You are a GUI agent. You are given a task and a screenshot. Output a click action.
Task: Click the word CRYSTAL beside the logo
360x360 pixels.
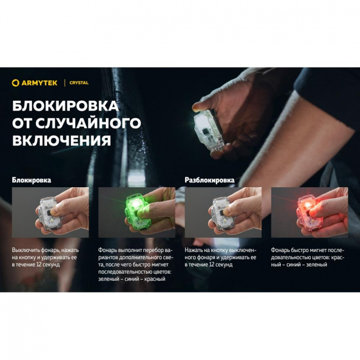[x=79, y=83]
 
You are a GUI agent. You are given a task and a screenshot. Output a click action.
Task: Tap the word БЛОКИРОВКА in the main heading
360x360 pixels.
[x=65, y=105]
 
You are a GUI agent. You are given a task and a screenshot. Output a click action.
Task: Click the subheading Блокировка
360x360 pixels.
[x=32, y=180]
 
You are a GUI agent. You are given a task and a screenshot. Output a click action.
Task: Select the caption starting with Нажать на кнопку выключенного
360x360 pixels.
[x=221, y=257]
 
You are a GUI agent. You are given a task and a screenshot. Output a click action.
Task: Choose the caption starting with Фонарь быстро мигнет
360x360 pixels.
[x=307, y=257]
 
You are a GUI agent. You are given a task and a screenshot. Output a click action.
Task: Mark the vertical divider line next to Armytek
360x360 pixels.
[x=65, y=83]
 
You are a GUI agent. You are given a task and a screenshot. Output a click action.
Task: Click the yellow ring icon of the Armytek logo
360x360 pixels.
[x=16, y=83]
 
